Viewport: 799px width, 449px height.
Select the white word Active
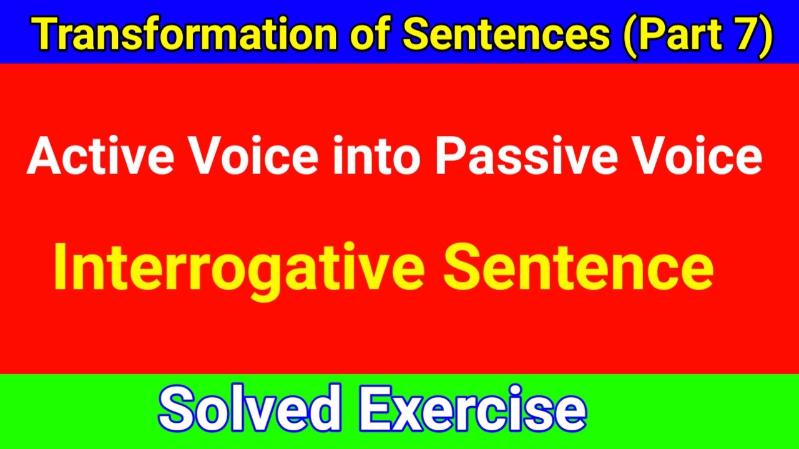click(x=100, y=156)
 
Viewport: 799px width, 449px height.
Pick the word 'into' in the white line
click(x=376, y=156)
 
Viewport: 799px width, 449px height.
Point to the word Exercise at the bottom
click(x=472, y=408)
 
